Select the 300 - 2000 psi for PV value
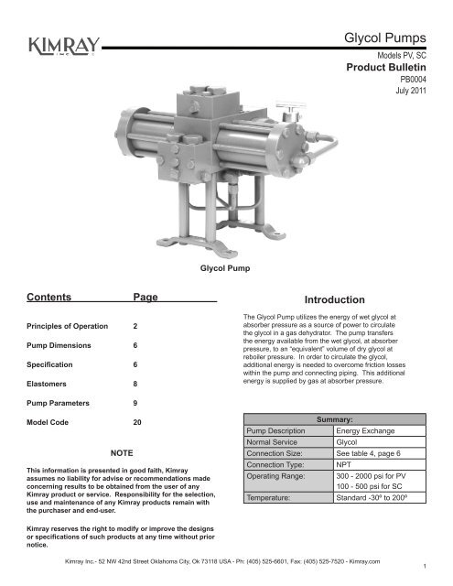pyautogui.click(x=379, y=476)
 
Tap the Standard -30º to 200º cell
pyautogui.click(x=383, y=500)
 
